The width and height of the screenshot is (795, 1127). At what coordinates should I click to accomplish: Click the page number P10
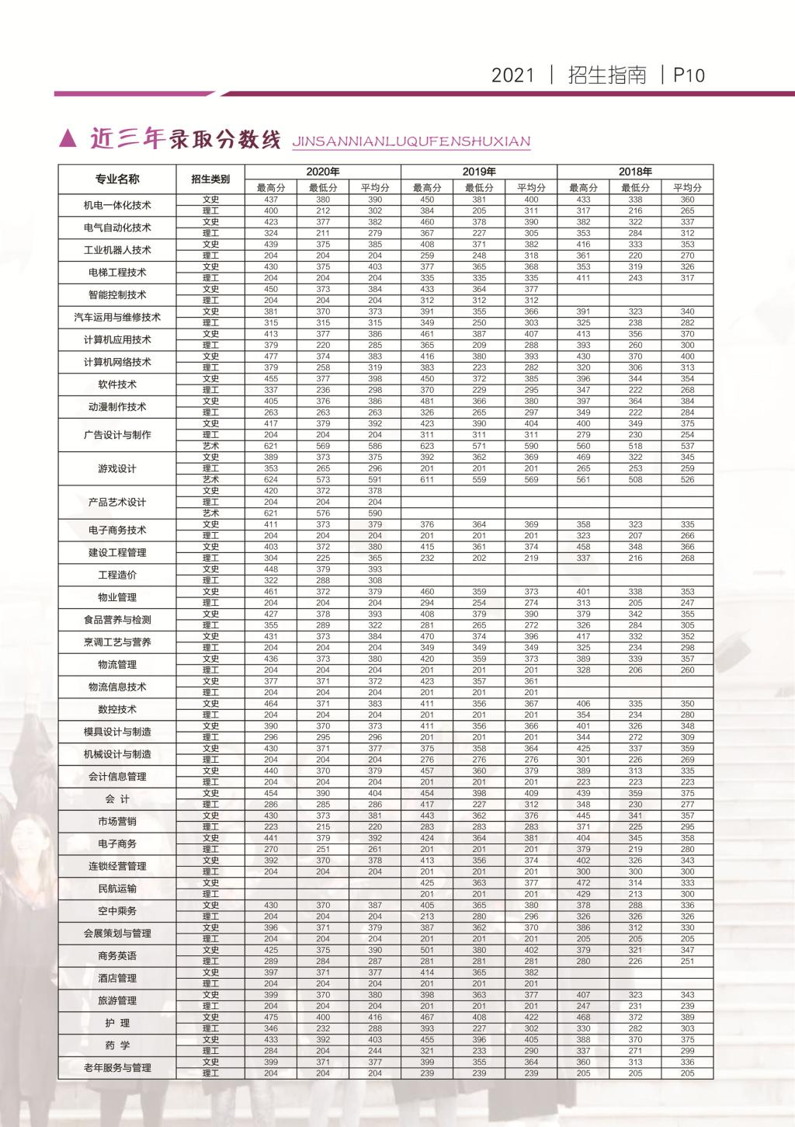689,75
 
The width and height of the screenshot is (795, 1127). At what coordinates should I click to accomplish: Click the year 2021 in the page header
513,75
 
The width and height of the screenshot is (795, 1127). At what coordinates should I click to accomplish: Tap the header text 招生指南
607,75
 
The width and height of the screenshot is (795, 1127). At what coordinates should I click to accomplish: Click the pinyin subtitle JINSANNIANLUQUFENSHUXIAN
411,142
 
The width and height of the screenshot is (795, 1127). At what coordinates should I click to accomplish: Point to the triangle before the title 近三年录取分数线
68,139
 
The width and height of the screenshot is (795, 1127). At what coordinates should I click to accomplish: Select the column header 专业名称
117,179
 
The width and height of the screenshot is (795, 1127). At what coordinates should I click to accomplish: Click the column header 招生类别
210,179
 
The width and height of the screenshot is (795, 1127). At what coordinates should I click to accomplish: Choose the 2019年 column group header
479,172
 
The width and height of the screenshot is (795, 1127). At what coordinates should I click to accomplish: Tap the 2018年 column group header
635,172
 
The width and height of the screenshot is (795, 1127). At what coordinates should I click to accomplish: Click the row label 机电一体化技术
117,206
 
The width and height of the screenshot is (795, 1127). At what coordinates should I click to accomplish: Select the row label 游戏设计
117,468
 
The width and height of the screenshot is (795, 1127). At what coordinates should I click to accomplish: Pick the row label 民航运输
117,889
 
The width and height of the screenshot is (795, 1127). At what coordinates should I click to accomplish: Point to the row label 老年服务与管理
117,1068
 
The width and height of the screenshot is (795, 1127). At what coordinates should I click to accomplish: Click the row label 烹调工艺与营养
117,642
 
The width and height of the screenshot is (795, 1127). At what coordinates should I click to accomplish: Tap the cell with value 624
271,480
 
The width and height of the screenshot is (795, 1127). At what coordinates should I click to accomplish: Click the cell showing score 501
427,950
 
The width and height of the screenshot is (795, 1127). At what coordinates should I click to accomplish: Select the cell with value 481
427,402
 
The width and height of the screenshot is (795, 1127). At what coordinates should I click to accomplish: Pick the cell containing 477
271,357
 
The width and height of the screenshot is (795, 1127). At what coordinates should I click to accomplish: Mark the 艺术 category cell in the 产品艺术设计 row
210,513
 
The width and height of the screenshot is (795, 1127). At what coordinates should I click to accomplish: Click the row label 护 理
117,1023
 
